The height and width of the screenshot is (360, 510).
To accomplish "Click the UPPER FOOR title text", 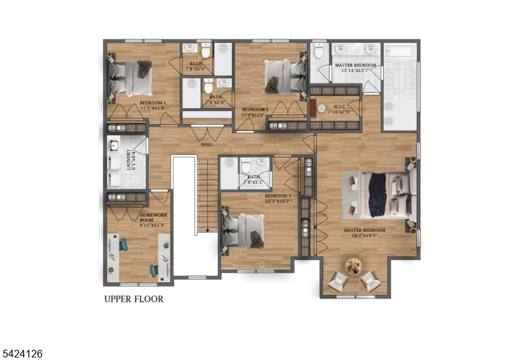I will (x=133, y=299).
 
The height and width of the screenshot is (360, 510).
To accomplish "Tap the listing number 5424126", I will (x=22, y=352).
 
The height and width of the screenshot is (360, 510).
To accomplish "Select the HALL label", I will (x=207, y=145).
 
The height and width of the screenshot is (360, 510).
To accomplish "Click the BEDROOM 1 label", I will (x=152, y=106).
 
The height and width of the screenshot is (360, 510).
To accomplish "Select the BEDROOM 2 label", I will (x=254, y=112).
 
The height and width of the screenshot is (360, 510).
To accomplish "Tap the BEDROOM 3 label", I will (x=278, y=198).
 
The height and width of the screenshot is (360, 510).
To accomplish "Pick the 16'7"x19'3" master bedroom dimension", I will (x=361, y=235).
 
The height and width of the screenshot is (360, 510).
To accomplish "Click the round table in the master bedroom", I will (x=353, y=264).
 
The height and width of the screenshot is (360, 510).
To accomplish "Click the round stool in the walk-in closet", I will (x=321, y=108).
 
